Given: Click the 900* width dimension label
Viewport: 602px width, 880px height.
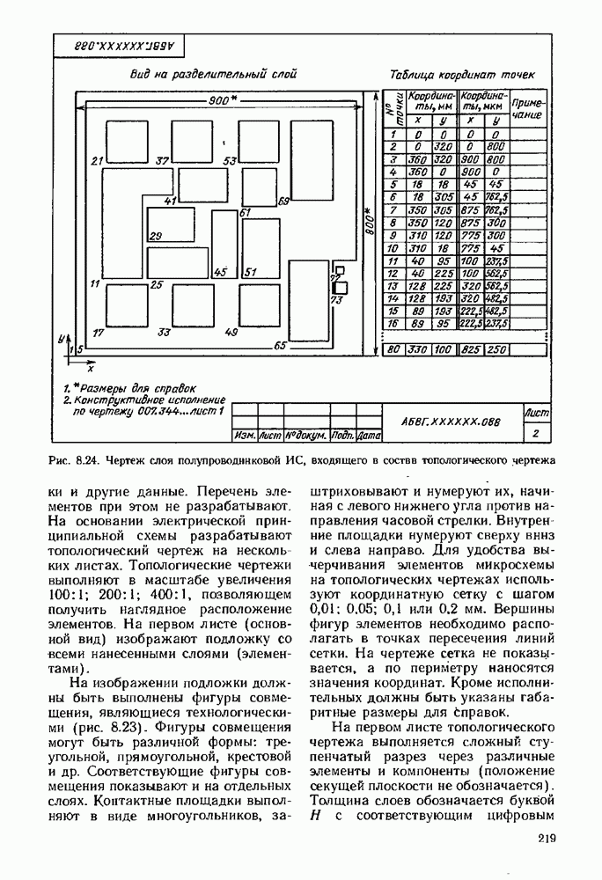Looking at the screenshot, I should pyautogui.click(x=219, y=100).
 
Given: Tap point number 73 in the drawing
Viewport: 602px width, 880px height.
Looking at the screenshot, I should pyautogui.click(x=335, y=300).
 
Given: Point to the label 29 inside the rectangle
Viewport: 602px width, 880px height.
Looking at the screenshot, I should pyautogui.click(x=156, y=236).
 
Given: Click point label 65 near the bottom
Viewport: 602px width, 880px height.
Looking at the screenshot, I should pyautogui.click(x=280, y=346).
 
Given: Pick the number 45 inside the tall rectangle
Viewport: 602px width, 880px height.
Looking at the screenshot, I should pyautogui.click(x=220, y=273).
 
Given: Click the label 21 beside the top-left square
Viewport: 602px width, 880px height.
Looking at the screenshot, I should pyautogui.click(x=98, y=161).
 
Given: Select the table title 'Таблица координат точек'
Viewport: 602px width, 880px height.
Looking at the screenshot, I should pyautogui.click(x=462, y=76).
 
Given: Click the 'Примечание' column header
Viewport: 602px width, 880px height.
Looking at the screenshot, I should pyautogui.click(x=528, y=108).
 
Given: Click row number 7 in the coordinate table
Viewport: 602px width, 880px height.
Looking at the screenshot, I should pyautogui.click(x=393, y=211).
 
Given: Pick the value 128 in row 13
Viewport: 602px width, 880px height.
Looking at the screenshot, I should pyautogui.click(x=418, y=287).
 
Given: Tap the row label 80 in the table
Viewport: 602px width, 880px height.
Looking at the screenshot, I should pyautogui.click(x=394, y=349).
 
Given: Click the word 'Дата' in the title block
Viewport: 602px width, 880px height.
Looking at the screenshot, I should pyautogui.click(x=370, y=436).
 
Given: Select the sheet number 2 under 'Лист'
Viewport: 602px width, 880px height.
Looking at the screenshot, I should pyautogui.click(x=536, y=432).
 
